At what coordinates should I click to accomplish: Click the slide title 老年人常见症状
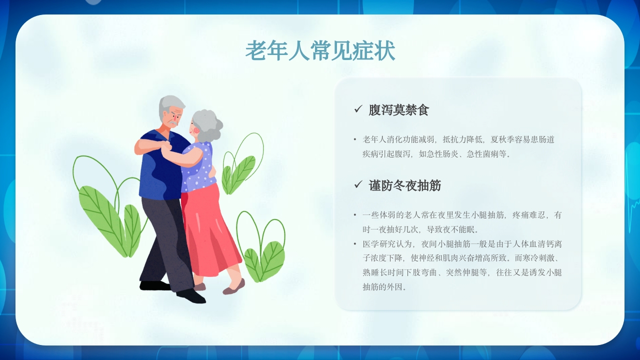(320, 51)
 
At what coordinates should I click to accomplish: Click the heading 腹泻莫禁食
(398, 110)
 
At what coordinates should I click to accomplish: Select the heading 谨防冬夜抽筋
(404, 185)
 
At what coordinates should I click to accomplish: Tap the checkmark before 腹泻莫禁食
(358, 109)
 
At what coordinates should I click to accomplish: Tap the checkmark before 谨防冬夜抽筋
(358, 185)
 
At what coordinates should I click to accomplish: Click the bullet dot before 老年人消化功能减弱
(355, 139)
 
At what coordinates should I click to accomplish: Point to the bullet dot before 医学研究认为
(355, 244)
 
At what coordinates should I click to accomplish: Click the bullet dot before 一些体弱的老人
(355, 215)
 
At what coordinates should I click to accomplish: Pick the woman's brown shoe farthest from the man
(234, 287)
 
